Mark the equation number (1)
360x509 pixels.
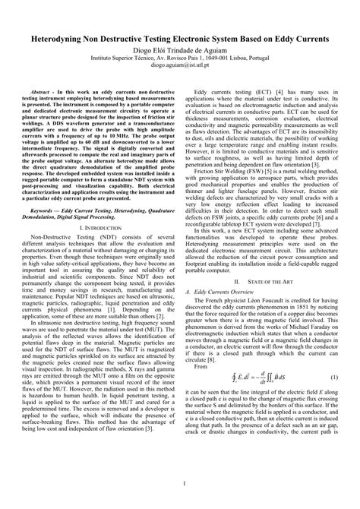point(333,356)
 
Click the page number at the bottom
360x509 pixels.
point(180,483)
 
